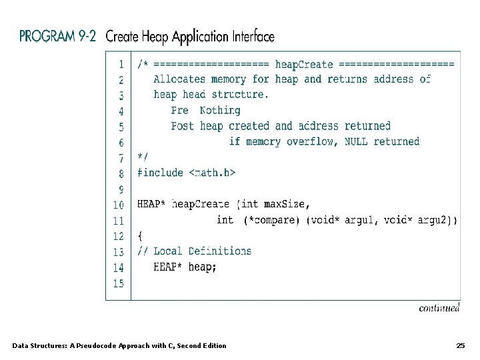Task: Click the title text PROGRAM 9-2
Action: [59, 36]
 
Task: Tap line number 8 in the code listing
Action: [121, 173]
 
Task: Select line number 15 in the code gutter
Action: [118, 283]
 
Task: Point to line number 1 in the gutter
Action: [121, 64]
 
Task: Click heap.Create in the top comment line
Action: [303, 64]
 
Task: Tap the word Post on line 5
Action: [182, 126]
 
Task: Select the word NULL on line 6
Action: [356, 141]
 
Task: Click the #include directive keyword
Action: [160, 173]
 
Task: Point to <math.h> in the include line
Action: [212, 173]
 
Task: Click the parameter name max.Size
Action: [287, 204]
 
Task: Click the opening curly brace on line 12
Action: [140, 235]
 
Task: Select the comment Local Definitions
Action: [203, 251]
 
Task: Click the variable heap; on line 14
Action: [203, 267]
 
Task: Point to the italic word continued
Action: [439, 308]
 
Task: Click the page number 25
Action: [460, 345]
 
